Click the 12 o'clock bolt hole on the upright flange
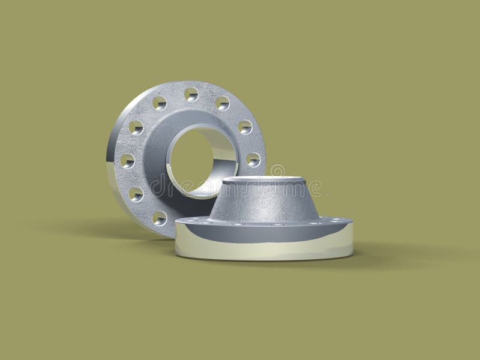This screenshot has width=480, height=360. tap(191, 94)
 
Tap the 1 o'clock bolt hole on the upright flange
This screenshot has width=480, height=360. tap(223, 103)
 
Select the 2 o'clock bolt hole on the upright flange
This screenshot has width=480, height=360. tap(245, 127)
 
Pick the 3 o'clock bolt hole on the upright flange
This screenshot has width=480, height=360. tap(253, 159)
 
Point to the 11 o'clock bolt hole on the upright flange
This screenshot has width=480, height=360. tap(160, 103)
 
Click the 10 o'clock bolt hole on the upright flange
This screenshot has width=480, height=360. tap(136, 127)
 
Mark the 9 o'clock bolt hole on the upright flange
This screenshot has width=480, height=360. tap(127, 160)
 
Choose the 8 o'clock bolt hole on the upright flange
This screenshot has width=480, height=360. tap(136, 194)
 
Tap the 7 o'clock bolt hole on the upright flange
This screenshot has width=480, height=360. tap(160, 217)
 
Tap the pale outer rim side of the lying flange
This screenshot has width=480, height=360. tap(264, 250)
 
